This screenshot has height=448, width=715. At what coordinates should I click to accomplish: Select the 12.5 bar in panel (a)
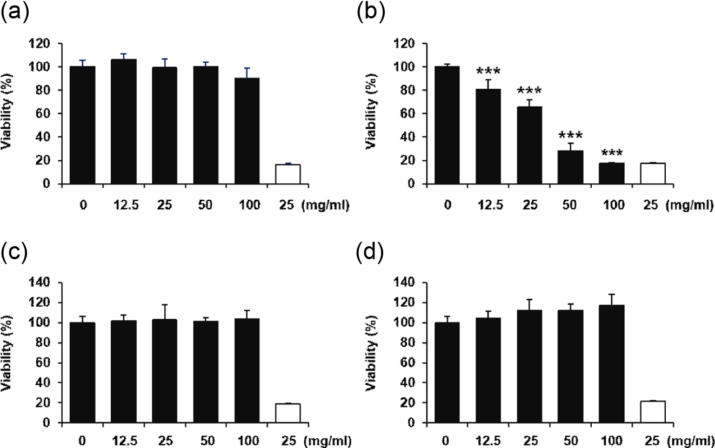[x=124, y=122]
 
